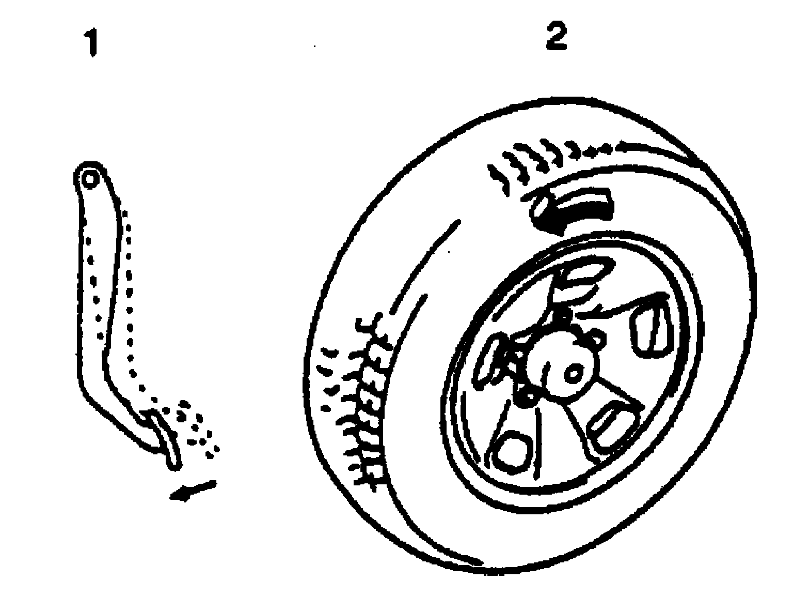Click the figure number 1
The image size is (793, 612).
(x=92, y=44)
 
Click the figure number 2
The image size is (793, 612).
(x=556, y=36)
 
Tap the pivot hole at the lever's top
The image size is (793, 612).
(x=90, y=179)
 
